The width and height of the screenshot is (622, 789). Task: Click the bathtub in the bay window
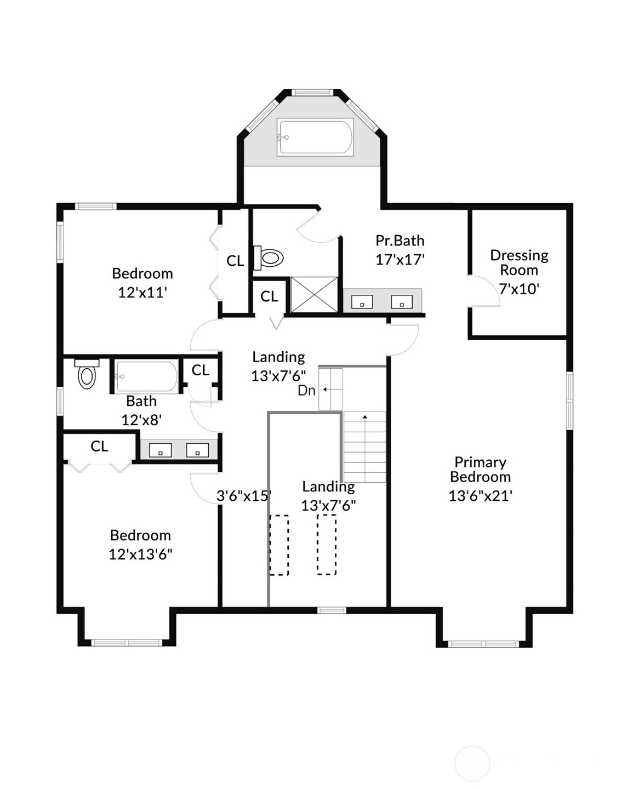point(315,137)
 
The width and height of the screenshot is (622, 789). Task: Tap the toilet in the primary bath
point(270,258)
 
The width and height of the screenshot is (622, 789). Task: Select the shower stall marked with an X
point(314,295)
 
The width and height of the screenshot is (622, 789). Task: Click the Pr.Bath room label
point(400,241)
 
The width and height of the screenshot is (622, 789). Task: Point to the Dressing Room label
point(519,262)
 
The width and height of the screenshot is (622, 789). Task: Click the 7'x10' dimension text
point(519,289)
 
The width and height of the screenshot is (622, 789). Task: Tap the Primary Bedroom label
point(480,470)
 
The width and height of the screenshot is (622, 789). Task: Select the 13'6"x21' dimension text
point(480,496)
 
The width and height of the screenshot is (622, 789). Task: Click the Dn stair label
point(306,390)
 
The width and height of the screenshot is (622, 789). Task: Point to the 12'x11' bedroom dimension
point(142,292)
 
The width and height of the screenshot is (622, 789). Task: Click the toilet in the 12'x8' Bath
point(87,375)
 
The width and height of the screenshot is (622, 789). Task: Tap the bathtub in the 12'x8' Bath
point(146,376)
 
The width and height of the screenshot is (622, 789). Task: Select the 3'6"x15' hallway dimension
point(244,496)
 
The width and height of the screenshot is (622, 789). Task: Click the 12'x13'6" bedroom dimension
point(140,554)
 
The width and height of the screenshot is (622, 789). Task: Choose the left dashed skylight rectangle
point(279,545)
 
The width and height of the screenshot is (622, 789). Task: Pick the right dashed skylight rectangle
point(327,545)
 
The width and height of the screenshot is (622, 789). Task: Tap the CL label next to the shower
point(269,296)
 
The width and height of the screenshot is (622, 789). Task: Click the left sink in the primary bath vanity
point(362,302)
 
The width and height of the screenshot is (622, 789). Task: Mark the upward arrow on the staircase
point(365,418)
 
